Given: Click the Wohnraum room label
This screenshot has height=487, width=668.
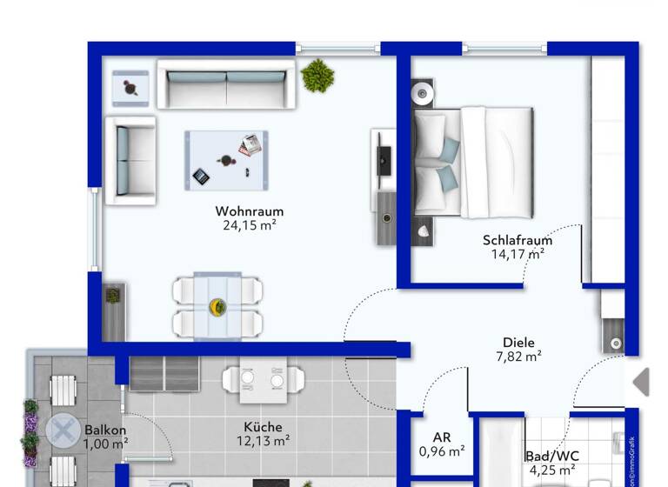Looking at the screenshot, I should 250,211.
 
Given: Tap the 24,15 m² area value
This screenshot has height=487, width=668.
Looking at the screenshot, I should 250,225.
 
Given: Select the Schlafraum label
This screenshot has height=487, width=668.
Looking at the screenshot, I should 518,241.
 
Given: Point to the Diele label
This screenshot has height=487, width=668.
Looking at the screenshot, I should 518,343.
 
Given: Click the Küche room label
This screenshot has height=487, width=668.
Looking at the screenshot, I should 262,427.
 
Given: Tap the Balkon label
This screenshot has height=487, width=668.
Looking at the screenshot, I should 105,430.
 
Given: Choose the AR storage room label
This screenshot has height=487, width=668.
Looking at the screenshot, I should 441,438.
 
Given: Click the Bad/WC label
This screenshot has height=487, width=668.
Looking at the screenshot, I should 551,456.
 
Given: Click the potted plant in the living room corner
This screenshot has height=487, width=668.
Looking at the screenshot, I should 317,77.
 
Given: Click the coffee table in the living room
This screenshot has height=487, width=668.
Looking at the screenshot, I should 226,159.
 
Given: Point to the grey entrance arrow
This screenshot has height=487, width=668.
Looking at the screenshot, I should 641,382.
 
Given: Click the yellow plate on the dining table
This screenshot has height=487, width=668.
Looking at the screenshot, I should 217,307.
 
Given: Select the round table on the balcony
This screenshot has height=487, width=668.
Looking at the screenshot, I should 63,430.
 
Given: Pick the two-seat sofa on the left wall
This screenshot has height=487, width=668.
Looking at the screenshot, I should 130,160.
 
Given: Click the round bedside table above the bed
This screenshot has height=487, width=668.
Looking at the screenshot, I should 424,92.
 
